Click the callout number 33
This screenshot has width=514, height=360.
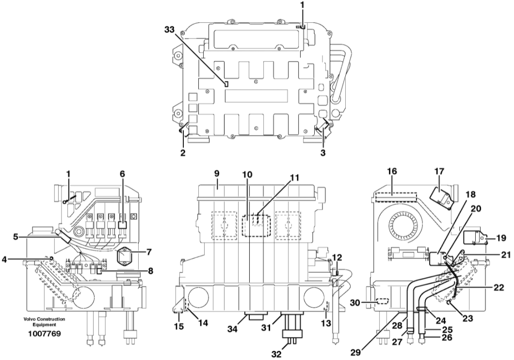click(x=170, y=30)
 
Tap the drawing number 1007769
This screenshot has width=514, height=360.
click(x=45, y=334)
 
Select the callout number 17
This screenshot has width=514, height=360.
click(x=439, y=171)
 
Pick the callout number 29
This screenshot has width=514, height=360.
click(x=355, y=352)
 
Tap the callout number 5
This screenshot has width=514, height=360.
click(x=16, y=236)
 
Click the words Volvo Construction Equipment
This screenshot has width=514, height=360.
click(x=44, y=322)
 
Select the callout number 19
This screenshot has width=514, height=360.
click(x=501, y=238)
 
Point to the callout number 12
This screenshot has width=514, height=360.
click(x=337, y=257)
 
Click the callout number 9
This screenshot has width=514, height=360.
click(x=217, y=173)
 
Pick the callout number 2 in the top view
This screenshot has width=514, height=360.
click(x=183, y=152)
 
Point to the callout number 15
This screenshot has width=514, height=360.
click(x=179, y=327)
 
